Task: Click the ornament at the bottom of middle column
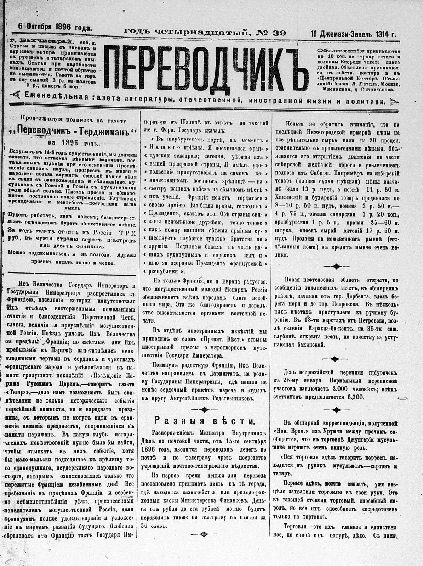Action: pos(204,535)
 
